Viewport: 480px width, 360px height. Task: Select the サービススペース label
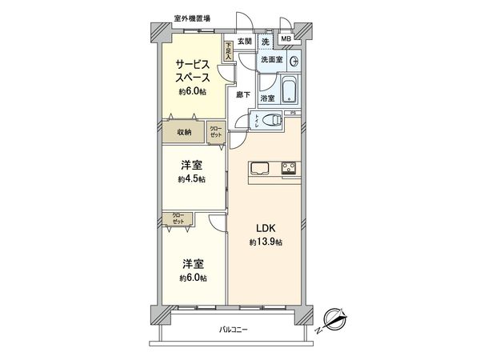click(193, 70)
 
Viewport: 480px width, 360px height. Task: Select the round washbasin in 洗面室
click(294, 60)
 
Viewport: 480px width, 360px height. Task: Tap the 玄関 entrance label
click(244, 42)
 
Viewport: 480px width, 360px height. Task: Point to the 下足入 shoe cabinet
click(229, 50)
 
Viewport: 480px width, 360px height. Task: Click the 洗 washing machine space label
click(265, 42)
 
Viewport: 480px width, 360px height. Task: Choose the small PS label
click(294, 113)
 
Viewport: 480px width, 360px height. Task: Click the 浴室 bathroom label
click(269, 98)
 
